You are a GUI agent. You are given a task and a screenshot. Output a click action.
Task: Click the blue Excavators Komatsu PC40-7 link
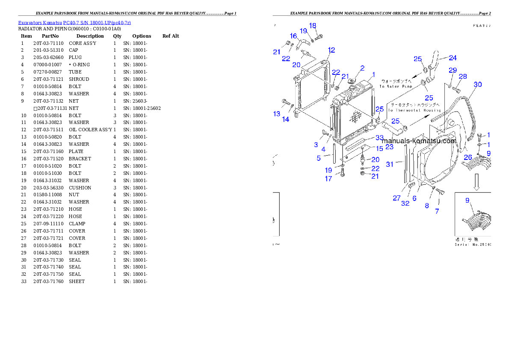pos(74,22)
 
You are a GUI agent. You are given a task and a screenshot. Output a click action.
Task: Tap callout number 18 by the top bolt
pos(313,26)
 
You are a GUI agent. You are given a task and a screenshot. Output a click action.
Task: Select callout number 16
pos(293,36)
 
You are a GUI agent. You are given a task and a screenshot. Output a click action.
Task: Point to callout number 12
pos(331,50)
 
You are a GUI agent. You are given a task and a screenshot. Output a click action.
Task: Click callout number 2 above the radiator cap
pos(362,68)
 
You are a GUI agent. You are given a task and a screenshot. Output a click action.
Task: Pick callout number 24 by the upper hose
pos(453,58)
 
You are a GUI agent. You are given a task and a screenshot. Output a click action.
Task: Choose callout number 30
pos(477,85)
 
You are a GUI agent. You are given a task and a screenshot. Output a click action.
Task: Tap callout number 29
pos(453,70)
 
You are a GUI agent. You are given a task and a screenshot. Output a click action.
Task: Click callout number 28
pos(463,77)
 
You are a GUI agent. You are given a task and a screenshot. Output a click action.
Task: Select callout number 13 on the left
pos(277,114)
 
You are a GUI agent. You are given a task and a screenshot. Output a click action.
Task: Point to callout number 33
pos(379,138)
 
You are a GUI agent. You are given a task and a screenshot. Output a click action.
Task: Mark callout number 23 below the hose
pos(389,147)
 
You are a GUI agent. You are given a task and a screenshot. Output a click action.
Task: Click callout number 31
pos(390,164)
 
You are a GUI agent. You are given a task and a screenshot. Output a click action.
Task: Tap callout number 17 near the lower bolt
pos(328,179)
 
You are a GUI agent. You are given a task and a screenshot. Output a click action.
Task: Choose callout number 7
pos(437,211)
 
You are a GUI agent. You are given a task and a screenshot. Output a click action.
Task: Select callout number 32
pos(405,204)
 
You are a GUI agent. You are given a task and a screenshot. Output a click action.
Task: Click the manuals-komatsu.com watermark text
pos(419,141)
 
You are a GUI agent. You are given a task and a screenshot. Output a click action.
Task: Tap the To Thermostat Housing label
pos(414,110)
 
